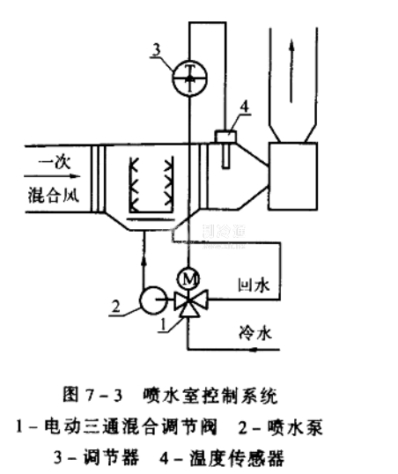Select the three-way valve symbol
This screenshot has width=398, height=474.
point(191,303)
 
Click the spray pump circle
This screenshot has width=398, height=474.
point(152,300)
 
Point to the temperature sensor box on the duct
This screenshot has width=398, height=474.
point(225,136)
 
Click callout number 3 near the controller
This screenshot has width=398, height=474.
point(156,49)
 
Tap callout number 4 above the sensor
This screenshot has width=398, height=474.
point(245,107)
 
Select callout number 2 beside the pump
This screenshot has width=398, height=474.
point(115,307)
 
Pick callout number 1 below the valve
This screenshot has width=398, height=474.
point(163,325)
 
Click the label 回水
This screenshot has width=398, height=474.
point(254,285)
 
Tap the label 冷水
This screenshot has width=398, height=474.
point(255,333)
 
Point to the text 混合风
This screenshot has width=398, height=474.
point(54,196)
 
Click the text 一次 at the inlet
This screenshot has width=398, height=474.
point(55,162)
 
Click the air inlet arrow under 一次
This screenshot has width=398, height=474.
point(52,176)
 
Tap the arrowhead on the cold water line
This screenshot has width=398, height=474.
point(254,350)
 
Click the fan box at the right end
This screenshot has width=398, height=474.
point(293,176)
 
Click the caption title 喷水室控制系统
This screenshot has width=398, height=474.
point(210,396)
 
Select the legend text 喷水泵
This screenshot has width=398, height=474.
point(295,427)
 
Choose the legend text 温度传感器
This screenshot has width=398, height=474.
point(237,458)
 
